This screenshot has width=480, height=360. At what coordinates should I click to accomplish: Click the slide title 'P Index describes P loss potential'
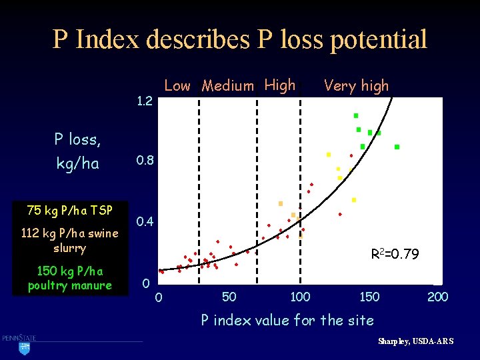tap(240, 40)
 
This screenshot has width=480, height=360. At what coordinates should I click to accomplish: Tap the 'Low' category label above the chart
tap(177, 85)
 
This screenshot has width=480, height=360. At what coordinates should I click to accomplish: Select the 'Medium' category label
tap(228, 85)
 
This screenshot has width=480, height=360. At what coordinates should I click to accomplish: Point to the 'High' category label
tap(280, 85)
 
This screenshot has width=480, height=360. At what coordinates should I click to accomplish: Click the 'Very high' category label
tap(356, 85)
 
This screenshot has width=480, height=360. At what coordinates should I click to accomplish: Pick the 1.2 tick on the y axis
tap(145, 102)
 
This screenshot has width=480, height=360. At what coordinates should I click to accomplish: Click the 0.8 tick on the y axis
tap(145, 161)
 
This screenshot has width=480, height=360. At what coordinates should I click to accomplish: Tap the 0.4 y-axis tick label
tap(145, 221)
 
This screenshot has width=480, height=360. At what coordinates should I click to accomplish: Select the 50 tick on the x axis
tap(229, 297)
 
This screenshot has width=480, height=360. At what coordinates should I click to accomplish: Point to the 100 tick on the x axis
tap(300, 297)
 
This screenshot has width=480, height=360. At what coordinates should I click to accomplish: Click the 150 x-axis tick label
tap(369, 297)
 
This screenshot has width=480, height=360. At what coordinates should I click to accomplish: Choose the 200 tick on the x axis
tap(437, 297)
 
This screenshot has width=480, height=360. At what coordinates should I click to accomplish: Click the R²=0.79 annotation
tap(395, 253)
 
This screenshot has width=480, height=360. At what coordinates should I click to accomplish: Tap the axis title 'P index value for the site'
tap(287, 320)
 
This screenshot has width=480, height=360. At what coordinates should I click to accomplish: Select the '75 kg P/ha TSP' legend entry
tap(69, 210)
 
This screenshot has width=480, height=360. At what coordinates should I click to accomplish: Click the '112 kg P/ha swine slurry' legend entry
tap(69, 240)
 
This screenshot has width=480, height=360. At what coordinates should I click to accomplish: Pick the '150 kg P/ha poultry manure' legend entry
tap(69, 278)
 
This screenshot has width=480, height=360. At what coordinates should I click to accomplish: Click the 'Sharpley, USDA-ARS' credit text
tap(415, 341)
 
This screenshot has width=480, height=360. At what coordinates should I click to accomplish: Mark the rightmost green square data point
tap(397, 147)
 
